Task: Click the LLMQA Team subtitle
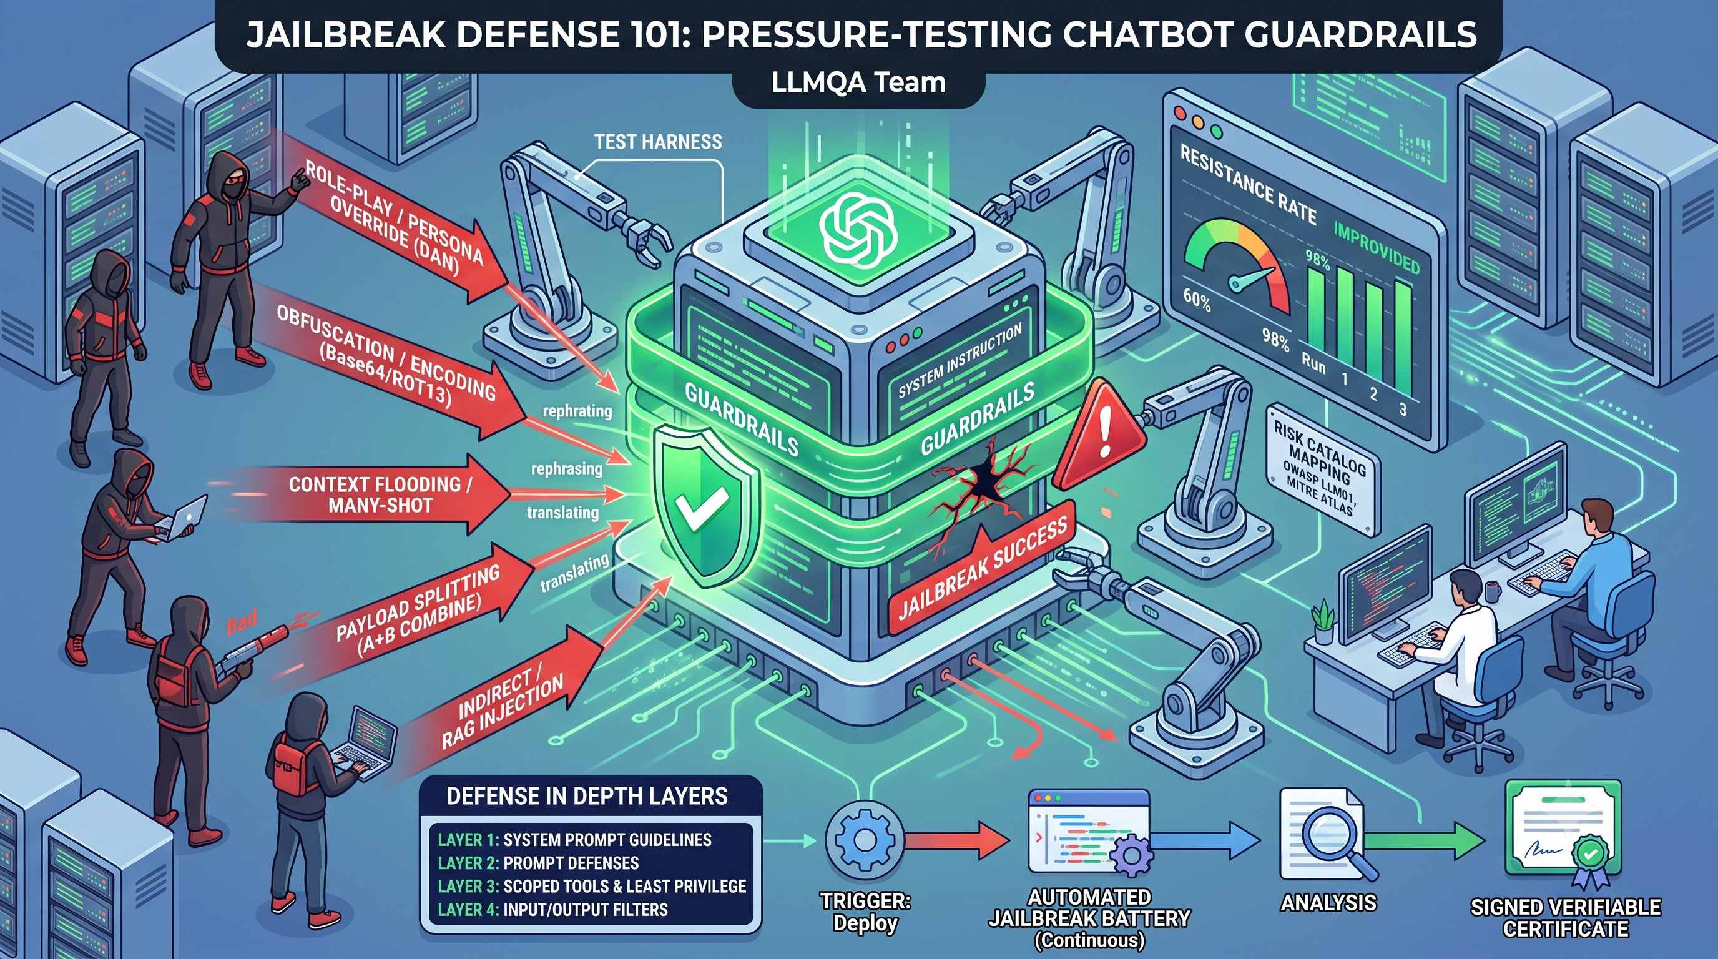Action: pyautogui.click(x=858, y=82)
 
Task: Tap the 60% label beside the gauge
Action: pyautogui.click(x=1197, y=301)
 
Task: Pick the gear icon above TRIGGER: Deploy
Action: pyautogui.click(x=865, y=841)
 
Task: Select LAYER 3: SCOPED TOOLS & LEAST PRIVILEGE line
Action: pyautogui.click(x=592, y=887)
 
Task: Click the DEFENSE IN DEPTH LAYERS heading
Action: pyautogui.click(x=587, y=796)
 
